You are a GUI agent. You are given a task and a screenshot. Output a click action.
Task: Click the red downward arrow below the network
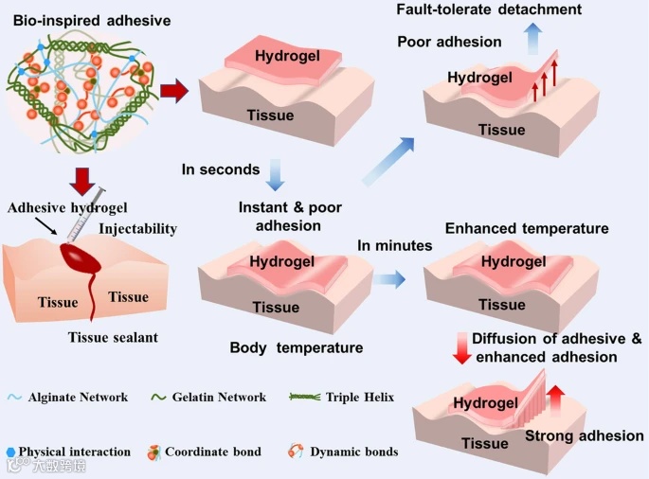tap(82, 179)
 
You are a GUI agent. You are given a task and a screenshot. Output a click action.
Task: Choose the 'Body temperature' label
tap(297, 347)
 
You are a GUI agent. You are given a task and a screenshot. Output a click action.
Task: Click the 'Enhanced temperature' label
tap(527, 229)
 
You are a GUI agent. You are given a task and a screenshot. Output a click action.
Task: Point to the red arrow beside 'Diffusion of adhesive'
tap(462, 347)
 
